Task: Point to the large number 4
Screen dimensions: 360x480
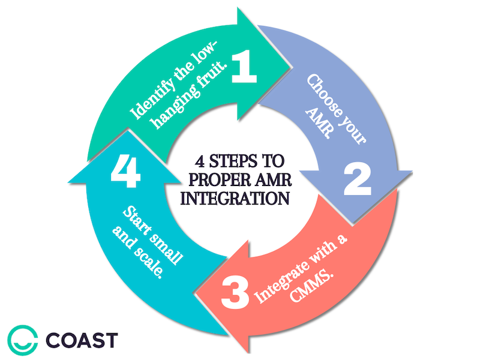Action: pyautogui.click(x=125, y=172)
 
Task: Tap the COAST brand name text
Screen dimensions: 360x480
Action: pyautogui.click(x=78, y=339)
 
